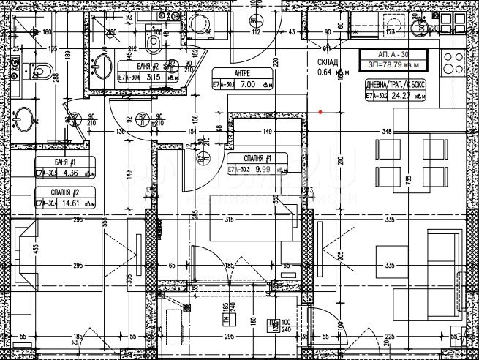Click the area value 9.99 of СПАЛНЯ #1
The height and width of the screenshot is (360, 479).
point(261,170)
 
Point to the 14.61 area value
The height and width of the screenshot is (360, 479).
point(71,203)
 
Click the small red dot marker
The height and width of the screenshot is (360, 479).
point(320,112)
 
